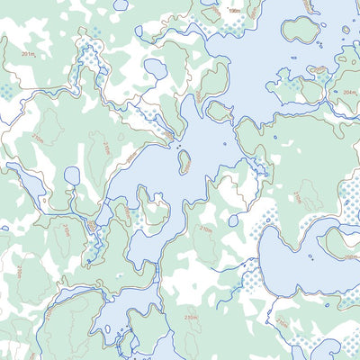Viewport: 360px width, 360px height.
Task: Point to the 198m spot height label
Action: point(235,12)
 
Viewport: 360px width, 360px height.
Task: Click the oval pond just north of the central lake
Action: point(156,69)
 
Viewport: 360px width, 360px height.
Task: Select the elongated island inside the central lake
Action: point(184,161)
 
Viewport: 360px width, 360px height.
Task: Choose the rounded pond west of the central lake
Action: point(72,175)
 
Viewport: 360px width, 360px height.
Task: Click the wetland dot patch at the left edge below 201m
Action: point(7,92)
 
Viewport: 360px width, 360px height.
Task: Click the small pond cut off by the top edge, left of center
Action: point(209,12)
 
